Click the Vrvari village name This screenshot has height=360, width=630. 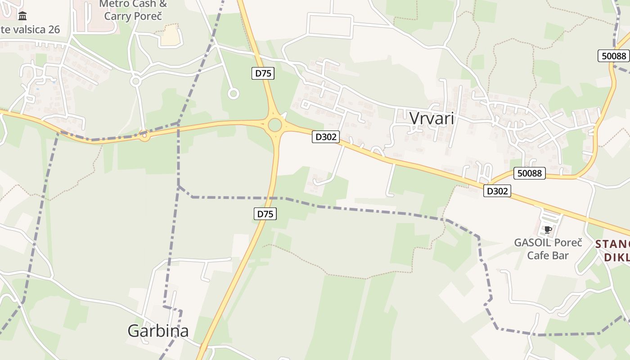coord(432,118)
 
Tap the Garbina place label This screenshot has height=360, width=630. coord(158,331)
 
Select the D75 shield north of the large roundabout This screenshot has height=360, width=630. coord(263,73)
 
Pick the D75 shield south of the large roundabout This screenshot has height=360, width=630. coord(265,214)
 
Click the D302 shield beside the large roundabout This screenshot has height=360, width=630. coord(325,137)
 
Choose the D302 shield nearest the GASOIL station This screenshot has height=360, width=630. coord(497,191)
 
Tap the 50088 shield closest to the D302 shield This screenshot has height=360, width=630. coord(529,173)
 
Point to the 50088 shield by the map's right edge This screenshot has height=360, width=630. coord(614,56)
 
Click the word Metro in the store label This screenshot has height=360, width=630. coord(114,4)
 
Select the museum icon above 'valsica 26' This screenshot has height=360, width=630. coord(22,17)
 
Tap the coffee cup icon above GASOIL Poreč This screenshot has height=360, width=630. coord(548,230)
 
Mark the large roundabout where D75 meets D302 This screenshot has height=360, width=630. coord(275,125)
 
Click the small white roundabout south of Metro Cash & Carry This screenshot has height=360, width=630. coord(135,81)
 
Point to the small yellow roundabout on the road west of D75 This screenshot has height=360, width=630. coord(144,135)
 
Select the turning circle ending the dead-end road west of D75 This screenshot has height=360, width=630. coord(233,94)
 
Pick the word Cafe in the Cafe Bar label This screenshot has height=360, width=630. coord(538,256)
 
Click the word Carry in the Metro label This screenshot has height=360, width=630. coord(119,16)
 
